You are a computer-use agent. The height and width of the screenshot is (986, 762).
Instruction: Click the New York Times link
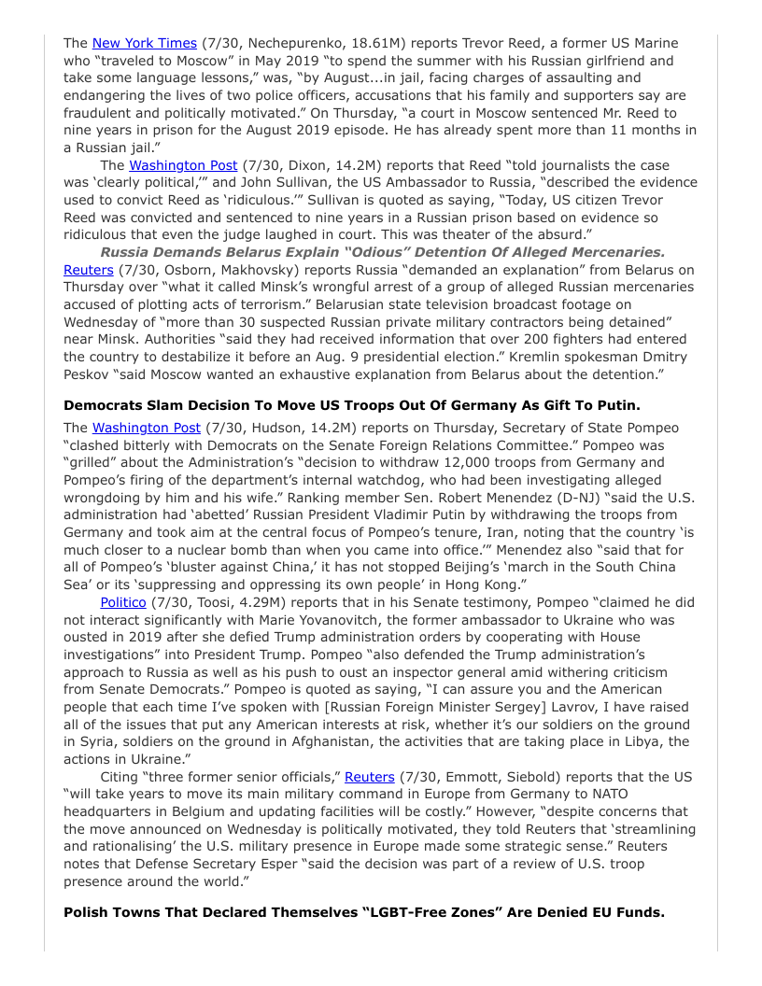pos(144,43)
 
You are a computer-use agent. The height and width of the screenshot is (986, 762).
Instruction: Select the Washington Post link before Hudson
pos(147,428)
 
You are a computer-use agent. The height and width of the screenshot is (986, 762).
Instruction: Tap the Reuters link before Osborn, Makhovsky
pos(89,270)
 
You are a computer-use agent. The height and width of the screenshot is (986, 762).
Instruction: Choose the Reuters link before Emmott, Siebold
pos(370,777)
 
